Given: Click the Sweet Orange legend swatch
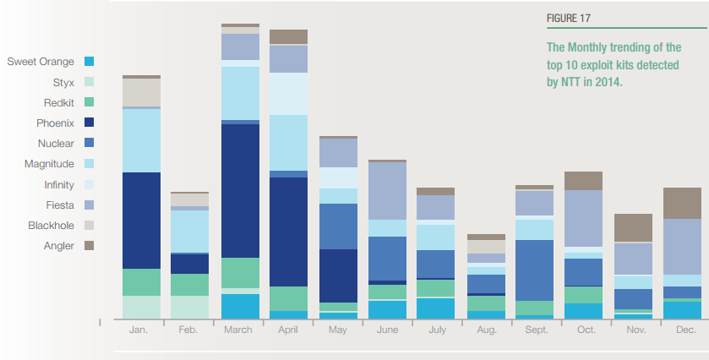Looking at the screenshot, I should pos(89,62).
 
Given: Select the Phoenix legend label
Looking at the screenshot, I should pos(55,123).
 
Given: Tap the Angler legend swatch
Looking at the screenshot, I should pos(89,246).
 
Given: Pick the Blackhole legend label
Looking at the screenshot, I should pos(51,226).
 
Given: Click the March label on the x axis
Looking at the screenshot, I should pos(238,330).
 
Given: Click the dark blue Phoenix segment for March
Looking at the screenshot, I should pos(239,190).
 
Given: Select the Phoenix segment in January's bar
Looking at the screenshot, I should pos(141,220).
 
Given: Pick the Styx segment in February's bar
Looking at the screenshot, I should pos(189,307).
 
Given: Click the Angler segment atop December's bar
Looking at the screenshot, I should pos(682,203).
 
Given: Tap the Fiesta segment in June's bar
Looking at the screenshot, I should pos(387,190).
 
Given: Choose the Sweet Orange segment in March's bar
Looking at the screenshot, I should pos(239,306).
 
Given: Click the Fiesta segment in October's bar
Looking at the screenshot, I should pos(582,218).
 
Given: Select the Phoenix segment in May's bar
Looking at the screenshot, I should pos(338,275).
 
